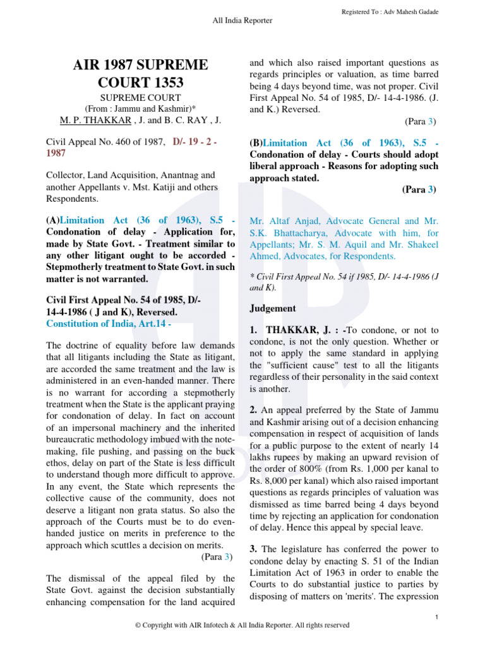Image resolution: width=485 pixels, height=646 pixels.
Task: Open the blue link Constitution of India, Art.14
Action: (107, 324)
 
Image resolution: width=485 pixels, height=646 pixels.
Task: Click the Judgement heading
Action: (273, 308)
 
